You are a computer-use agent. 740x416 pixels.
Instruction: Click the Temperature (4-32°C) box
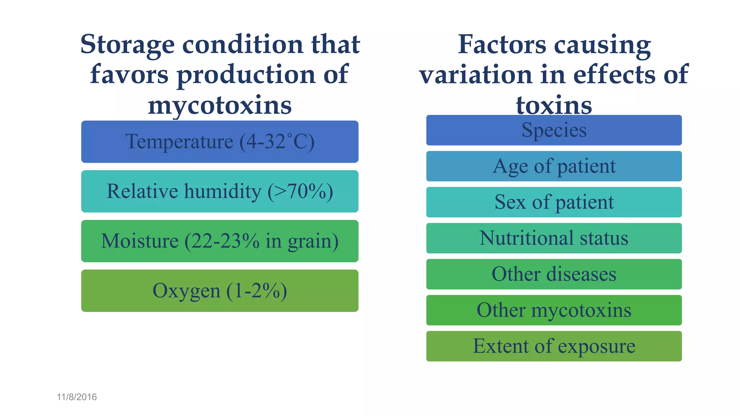click(220, 142)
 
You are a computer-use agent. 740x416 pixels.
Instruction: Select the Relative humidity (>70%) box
click(220, 191)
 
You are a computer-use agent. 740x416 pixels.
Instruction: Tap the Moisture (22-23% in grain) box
click(220, 241)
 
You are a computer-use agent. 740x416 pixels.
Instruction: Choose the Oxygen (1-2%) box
click(220, 291)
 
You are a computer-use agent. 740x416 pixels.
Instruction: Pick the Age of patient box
click(554, 166)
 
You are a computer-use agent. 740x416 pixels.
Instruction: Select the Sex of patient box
click(554, 202)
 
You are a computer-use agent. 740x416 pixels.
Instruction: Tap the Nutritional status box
click(554, 238)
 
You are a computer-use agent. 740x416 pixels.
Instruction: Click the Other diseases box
click(554, 274)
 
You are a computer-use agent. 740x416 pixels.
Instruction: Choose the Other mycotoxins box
click(554, 310)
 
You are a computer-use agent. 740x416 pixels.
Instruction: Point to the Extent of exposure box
click(554, 346)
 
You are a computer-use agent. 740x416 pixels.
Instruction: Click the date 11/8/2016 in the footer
click(77, 397)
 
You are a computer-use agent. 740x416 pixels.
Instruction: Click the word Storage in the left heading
click(128, 44)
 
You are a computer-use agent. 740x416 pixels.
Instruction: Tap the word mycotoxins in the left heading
click(220, 105)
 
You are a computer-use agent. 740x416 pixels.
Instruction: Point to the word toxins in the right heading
click(554, 105)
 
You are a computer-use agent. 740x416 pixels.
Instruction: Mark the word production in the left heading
click(246, 75)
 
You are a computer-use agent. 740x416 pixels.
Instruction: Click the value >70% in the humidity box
click(300, 191)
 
